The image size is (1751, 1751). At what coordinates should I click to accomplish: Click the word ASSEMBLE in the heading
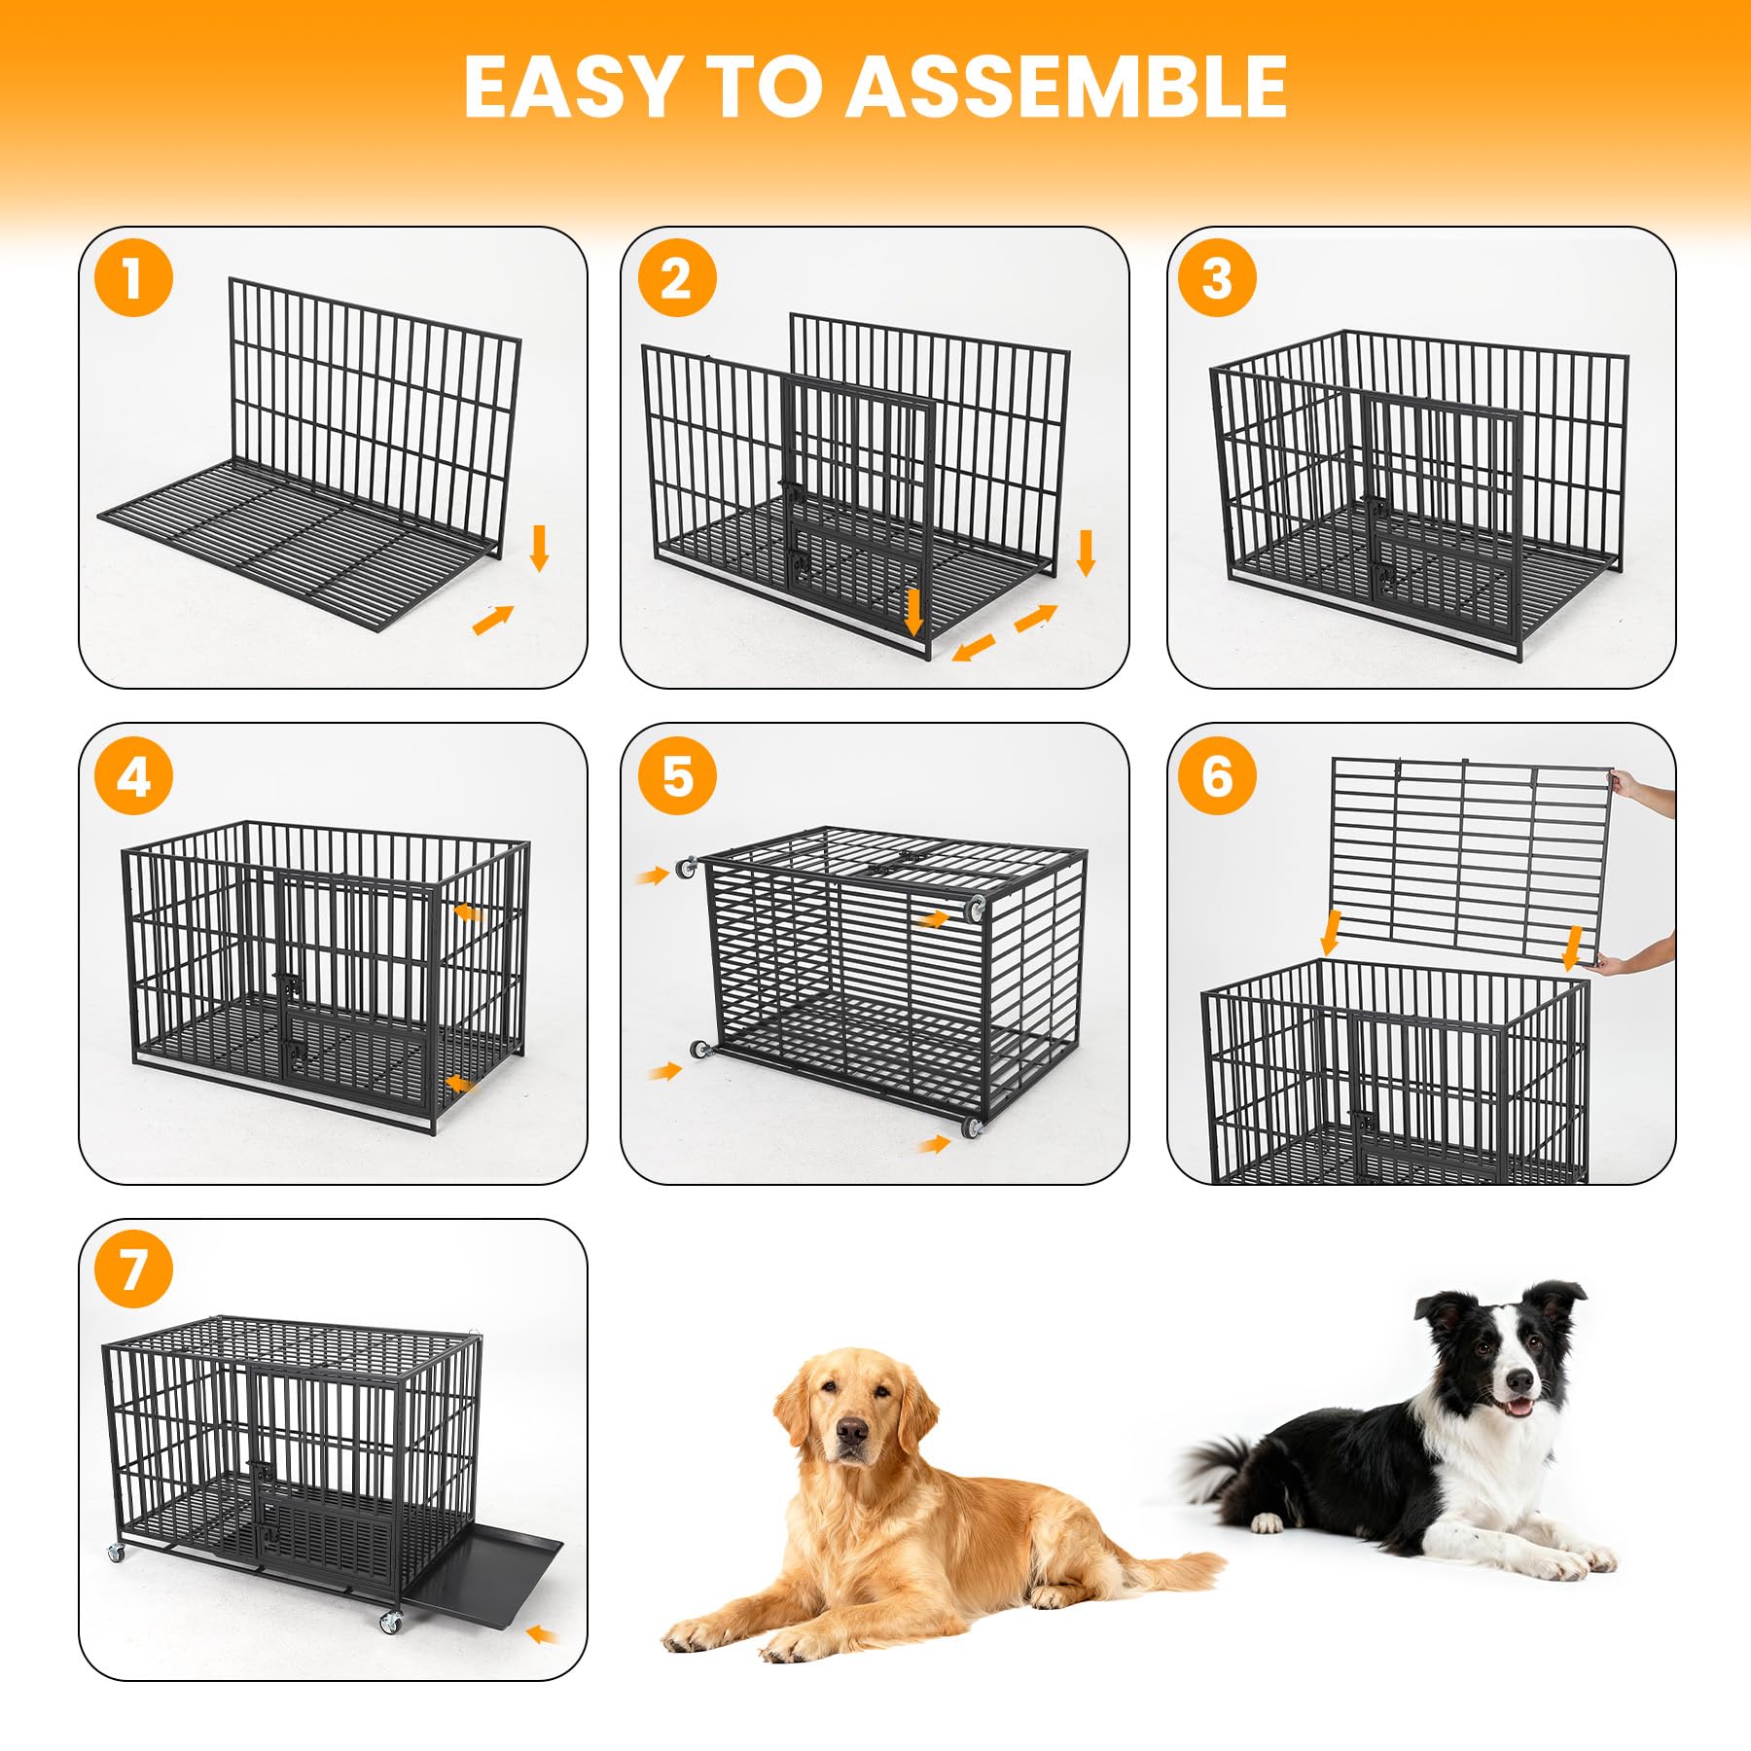click(1068, 87)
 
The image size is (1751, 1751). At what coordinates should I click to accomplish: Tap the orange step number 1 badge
click(133, 277)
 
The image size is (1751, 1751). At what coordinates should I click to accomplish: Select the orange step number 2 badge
click(677, 277)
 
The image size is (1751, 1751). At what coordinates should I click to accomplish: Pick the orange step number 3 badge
click(1217, 277)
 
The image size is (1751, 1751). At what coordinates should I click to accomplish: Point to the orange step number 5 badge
click(677, 775)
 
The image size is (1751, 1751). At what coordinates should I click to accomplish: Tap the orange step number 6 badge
click(1217, 775)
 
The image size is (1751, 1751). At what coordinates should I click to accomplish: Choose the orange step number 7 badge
click(133, 1269)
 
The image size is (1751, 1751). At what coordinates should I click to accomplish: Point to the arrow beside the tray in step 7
click(542, 1634)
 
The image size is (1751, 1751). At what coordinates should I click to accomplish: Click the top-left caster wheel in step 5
click(688, 868)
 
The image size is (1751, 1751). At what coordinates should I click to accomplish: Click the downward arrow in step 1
click(540, 549)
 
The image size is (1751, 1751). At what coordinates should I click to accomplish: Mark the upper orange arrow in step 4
click(470, 911)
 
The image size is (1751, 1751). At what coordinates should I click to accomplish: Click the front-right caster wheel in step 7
click(390, 1622)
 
